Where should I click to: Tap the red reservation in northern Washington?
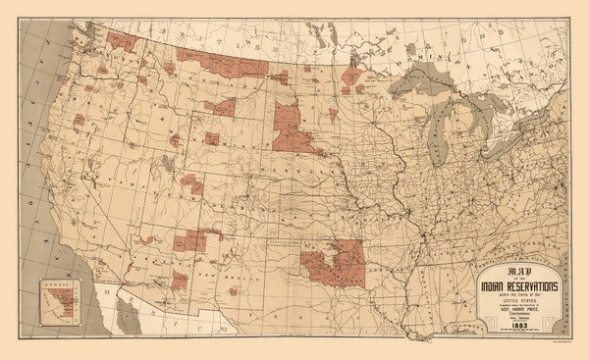click(x=123, y=40)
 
